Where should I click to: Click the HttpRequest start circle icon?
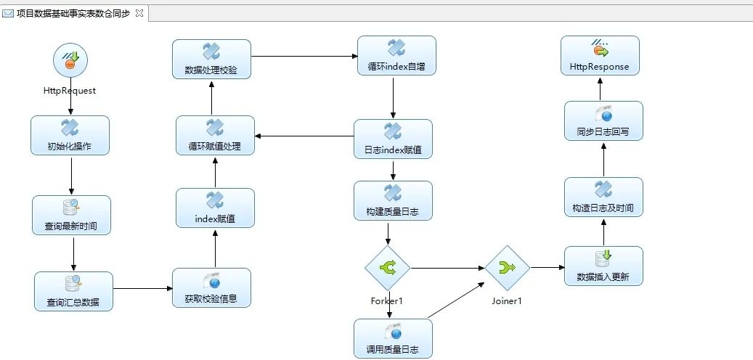(70, 60)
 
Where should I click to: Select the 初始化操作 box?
(70, 136)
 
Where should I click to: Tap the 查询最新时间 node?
(72, 216)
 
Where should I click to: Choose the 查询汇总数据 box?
(74, 291)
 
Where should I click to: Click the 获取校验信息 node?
(212, 287)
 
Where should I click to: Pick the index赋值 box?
(215, 208)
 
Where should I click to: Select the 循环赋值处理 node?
(215, 135)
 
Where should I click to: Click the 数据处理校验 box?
(211, 60)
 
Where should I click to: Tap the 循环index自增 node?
(396, 56)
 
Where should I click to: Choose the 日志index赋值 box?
(393, 139)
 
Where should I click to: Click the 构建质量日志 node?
(393, 201)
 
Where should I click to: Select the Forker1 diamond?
(387, 268)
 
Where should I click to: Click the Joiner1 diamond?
(507, 268)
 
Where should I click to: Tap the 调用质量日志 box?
(393, 338)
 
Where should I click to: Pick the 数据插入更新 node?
(603, 266)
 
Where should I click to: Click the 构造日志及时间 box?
(603, 197)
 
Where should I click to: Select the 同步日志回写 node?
(603, 121)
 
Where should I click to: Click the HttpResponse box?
(600, 56)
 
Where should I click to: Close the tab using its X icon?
(139, 13)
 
